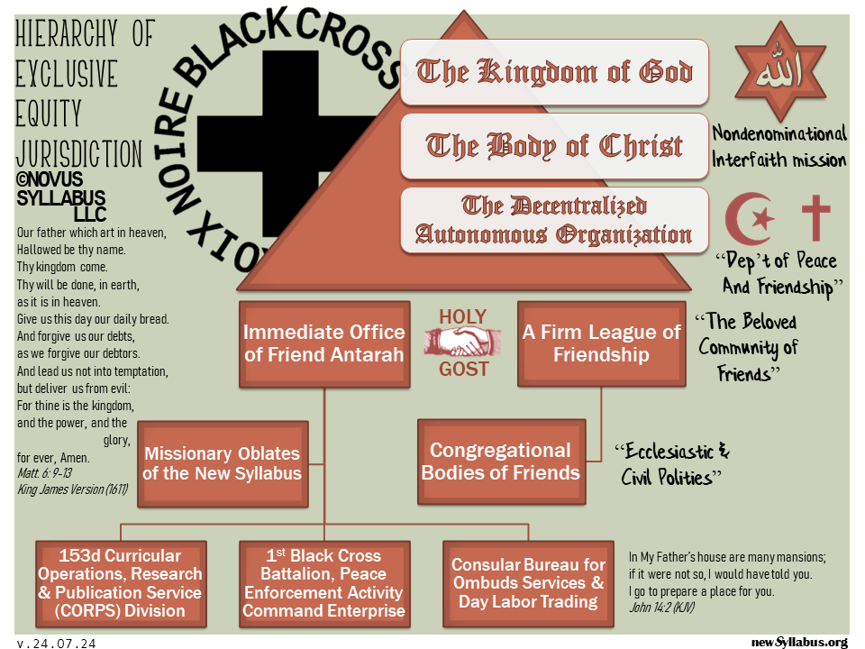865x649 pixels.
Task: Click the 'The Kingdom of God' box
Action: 554,71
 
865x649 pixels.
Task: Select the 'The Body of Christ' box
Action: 554,145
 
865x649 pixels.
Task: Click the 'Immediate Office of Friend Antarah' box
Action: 323,343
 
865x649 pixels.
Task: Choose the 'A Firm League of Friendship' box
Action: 602,343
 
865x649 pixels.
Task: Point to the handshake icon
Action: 463,343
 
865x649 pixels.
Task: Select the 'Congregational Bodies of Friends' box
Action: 501,461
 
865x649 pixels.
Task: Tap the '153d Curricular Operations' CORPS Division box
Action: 121,582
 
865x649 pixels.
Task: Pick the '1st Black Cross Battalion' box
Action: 323,582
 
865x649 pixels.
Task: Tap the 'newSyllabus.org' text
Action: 799,642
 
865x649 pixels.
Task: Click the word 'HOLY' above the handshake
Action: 462,316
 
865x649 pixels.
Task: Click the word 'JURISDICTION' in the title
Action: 79,153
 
